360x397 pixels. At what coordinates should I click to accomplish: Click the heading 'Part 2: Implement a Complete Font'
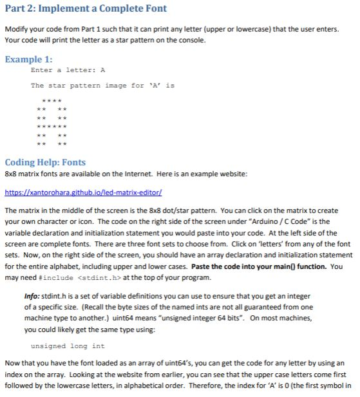tap(86, 9)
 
